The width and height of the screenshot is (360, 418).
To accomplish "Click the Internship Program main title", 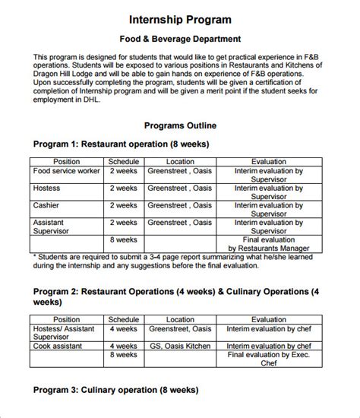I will click(180, 18).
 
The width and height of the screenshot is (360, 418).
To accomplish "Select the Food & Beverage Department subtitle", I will click(180, 38).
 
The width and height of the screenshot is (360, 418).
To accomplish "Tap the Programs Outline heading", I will click(180, 125).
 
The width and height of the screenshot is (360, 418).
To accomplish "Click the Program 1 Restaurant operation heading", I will click(121, 144).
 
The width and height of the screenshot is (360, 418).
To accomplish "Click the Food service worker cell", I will click(67, 171).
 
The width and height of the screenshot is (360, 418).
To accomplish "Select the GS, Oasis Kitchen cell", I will click(180, 346).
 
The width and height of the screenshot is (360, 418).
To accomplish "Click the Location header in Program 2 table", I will click(180, 320).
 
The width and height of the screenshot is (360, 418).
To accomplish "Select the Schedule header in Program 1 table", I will click(123, 161).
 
